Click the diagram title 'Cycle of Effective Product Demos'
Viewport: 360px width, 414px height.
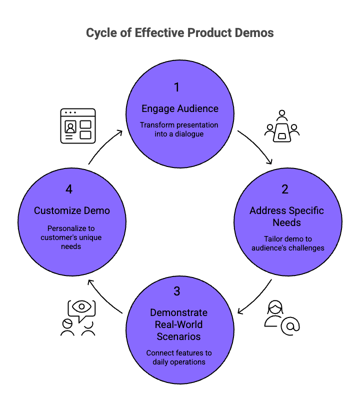point(180,33)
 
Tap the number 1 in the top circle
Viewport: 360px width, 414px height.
point(176,87)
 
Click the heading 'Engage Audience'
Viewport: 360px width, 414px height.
point(180,108)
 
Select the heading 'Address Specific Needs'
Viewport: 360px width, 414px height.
point(286,216)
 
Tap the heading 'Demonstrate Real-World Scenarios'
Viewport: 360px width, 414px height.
point(178,324)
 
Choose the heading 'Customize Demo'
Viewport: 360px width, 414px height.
point(72,210)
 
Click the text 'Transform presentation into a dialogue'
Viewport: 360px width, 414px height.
point(179,129)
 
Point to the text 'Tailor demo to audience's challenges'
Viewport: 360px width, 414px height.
point(287,243)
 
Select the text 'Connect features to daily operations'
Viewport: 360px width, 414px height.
point(179,357)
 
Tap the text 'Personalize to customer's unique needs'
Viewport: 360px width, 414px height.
point(72,237)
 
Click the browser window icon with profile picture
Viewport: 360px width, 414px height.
point(77,126)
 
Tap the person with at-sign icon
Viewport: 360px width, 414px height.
point(281,317)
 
